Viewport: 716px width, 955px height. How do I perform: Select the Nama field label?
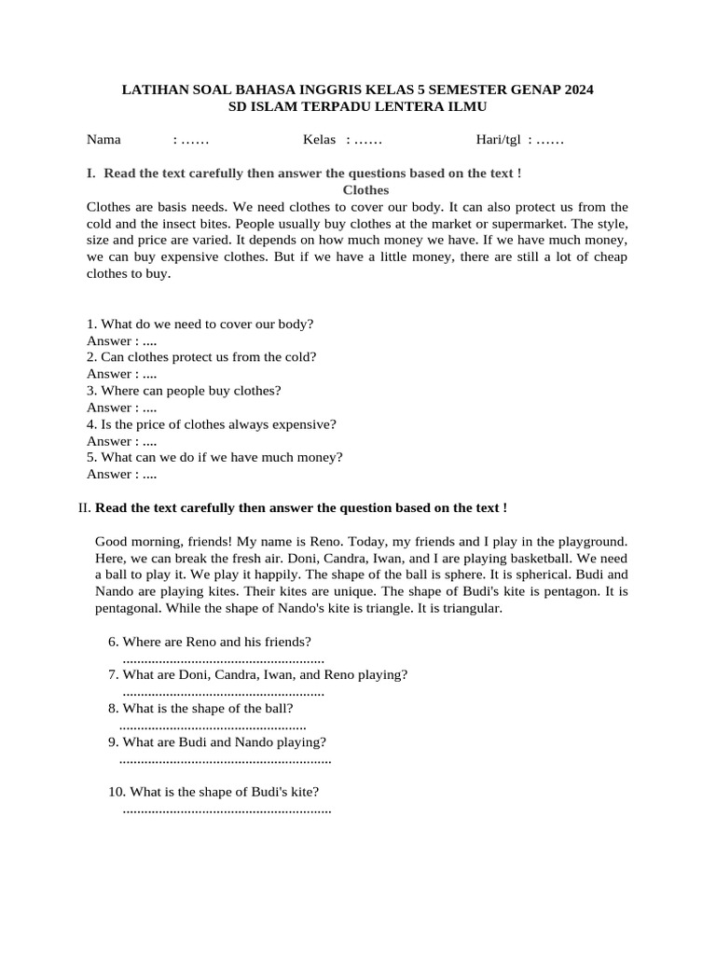(103, 140)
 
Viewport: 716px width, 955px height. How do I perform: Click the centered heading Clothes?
(365, 190)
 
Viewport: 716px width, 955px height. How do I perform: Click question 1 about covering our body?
(200, 324)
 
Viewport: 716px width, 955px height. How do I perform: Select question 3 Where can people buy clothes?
(184, 391)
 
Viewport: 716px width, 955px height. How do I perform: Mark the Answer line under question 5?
(121, 475)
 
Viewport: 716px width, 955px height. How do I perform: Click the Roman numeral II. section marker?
(85, 508)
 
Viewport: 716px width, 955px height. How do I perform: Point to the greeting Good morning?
(136, 542)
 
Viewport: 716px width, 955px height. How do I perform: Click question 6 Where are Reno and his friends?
(210, 642)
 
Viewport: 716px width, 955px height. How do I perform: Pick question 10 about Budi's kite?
(214, 792)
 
